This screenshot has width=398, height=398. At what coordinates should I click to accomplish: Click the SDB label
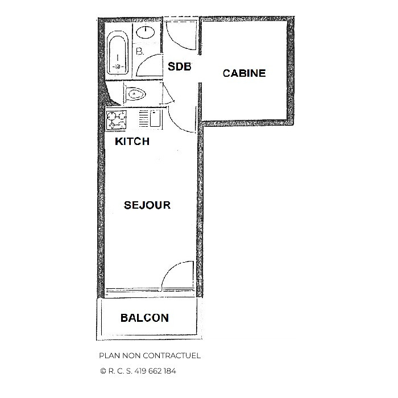click(179, 66)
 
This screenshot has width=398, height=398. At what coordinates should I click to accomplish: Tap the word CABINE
click(244, 73)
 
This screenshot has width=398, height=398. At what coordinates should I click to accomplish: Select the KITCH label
click(132, 142)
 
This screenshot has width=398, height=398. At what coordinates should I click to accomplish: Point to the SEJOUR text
click(147, 205)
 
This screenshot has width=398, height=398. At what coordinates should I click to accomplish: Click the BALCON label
click(144, 318)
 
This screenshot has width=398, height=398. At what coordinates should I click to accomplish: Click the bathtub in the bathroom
click(118, 55)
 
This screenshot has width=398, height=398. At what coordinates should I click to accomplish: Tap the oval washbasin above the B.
click(147, 32)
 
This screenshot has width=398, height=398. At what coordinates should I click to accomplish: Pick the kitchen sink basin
click(154, 121)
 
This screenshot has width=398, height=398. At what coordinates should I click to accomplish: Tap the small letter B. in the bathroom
click(140, 52)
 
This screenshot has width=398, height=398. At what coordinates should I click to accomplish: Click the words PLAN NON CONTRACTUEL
click(150, 356)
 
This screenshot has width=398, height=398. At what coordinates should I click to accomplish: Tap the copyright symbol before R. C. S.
click(103, 371)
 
